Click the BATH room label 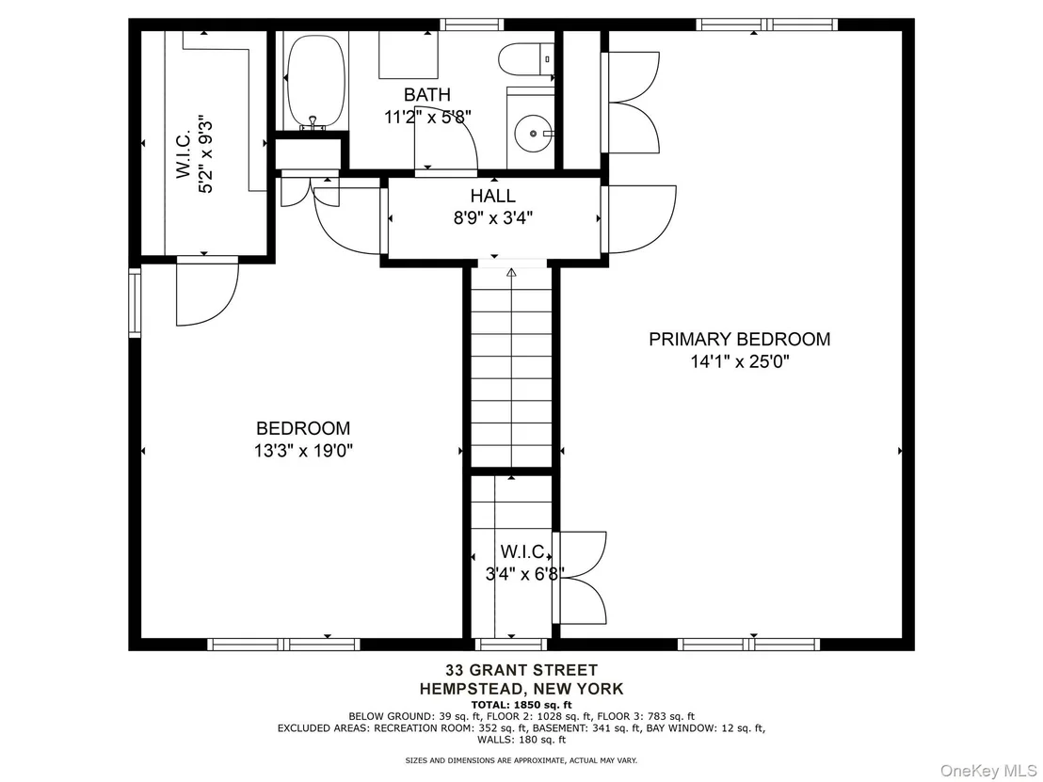click(427, 94)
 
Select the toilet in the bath click(526, 60)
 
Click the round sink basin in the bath click(533, 133)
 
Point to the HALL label click(493, 196)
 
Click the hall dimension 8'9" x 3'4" click(493, 218)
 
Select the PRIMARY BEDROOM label click(740, 339)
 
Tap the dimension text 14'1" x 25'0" click(740, 361)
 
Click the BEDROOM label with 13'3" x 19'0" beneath click(303, 428)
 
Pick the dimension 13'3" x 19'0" click(303, 451)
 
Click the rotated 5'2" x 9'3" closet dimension click(206, 155)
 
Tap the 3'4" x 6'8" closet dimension click(525, 573)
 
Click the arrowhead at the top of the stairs click(511, 272)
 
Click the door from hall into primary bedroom click(638, 219)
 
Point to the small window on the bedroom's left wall click(135, 303)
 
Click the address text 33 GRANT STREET click(521, 670)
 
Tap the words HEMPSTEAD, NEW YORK click(521, 689)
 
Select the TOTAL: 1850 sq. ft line click(521, 705)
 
